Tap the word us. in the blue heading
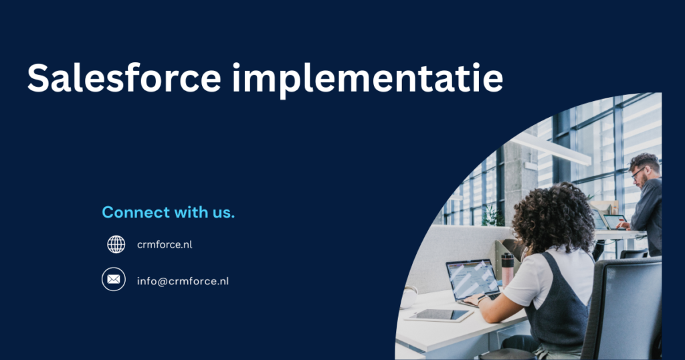point(222,213)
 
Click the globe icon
point(116,244)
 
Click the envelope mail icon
point(114,279)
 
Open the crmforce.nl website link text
point(165,245)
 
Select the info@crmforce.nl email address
point(183,281)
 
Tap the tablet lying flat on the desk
point(439,314)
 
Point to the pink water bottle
point(508,268)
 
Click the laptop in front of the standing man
point(615,221)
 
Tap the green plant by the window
point(493,216)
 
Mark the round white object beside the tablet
point(408,298)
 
